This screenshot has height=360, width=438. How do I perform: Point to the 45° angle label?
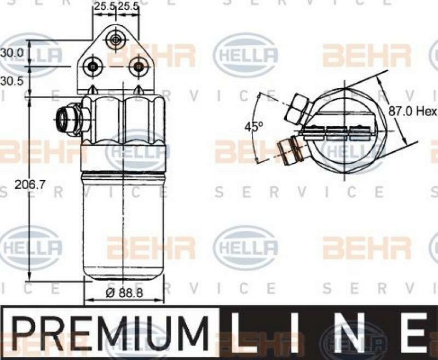click(x=253, y=127)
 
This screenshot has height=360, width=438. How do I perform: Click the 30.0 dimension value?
click(x=11, y=53)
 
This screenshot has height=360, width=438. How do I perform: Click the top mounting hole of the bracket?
click(x=115, y=39)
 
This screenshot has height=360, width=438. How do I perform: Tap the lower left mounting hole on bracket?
click(x=93, y=67)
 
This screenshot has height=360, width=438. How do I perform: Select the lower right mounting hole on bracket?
click(x=138, y=67)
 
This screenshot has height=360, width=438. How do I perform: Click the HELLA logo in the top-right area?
click(x=246, y=55)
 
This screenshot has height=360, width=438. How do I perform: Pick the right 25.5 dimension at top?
click(x=129, y=7)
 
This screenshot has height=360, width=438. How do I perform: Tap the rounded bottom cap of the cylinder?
click(x=124, y=271)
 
